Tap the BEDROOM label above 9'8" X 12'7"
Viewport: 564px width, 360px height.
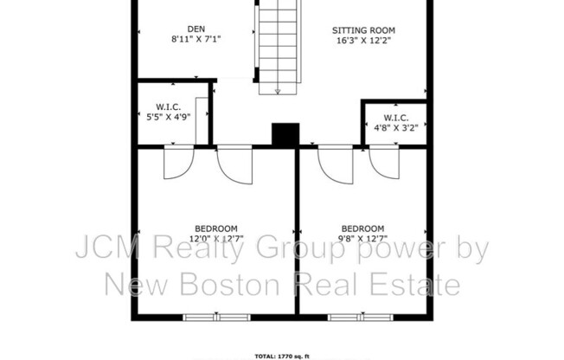tap(363, 228)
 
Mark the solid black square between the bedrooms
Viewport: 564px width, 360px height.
tap(285, 135)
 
